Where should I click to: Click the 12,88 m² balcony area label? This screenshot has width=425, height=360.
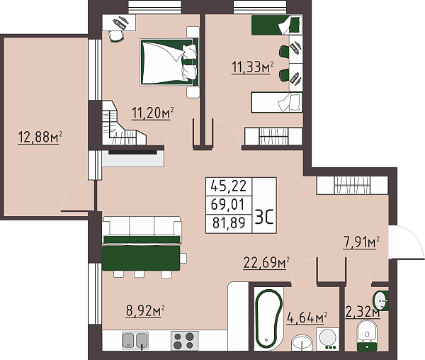click(x=40, y=137)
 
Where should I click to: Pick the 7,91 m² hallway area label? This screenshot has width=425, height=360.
click(x=361, y=243)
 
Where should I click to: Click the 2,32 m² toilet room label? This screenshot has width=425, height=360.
click(x=362, y=310)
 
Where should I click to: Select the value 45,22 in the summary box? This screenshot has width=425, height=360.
click(x=227, y=186)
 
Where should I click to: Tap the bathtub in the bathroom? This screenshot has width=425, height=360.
click(x=268, y=319)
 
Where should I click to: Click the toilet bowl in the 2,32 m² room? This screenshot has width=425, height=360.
click(x=366, y=332)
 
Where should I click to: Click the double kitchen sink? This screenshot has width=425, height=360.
click(x=137, y=340)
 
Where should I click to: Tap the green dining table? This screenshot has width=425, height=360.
click(x=141, y=257)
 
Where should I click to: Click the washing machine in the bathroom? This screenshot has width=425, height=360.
click(x=328, y=339)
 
